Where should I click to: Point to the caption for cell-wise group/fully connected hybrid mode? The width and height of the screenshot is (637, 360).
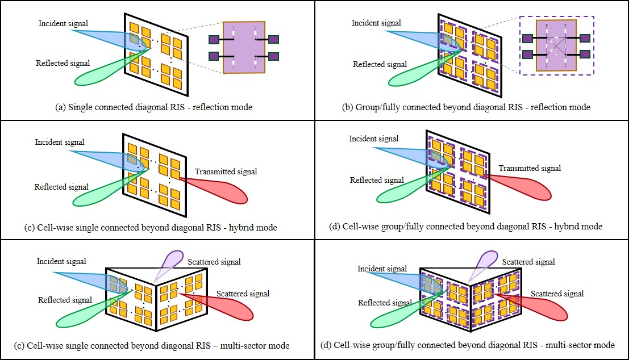466,226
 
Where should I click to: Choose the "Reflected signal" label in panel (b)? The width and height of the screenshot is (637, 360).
380,64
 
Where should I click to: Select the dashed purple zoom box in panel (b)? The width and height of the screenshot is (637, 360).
557,46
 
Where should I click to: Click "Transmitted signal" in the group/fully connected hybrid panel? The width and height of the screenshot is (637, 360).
529,168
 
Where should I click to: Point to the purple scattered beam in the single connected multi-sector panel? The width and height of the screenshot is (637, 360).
168,262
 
